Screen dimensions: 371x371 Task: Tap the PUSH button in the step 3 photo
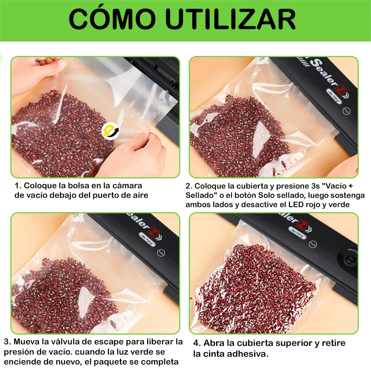pyautogui.click(x=161, y=252)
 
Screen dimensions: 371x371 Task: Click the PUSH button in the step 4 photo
pyautogui.click(x=313, y=244)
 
